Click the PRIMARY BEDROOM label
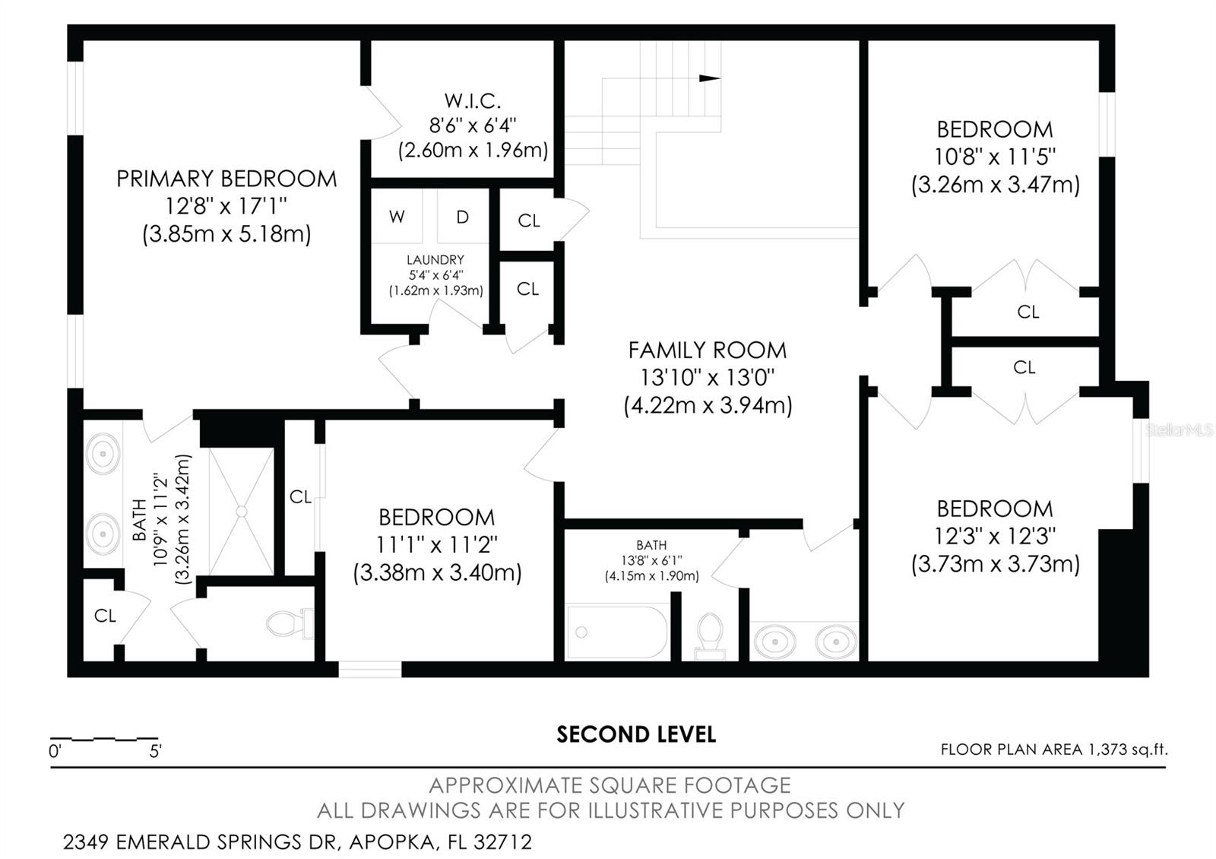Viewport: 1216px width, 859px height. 227,179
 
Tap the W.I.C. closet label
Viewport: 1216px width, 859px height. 472,100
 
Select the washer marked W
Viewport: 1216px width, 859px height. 397,216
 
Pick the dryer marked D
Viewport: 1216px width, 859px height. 463,216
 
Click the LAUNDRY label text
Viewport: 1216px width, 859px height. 435,259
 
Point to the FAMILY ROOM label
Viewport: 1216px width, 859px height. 708,350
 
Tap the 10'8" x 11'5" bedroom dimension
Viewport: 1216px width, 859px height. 995,157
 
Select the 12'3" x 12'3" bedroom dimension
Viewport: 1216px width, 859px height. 995,536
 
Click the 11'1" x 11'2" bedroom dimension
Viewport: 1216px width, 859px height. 436,544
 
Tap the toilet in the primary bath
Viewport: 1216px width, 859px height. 290,623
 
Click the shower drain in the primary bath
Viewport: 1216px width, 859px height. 242,512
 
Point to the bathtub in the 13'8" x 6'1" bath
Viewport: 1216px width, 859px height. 616,632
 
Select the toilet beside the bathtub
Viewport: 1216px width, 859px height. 710,636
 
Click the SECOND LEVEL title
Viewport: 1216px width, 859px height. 636,734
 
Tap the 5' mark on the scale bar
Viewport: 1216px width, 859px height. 155,752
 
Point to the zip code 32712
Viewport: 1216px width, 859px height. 502,842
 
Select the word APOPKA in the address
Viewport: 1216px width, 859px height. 392,842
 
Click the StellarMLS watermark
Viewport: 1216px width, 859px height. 1179,430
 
